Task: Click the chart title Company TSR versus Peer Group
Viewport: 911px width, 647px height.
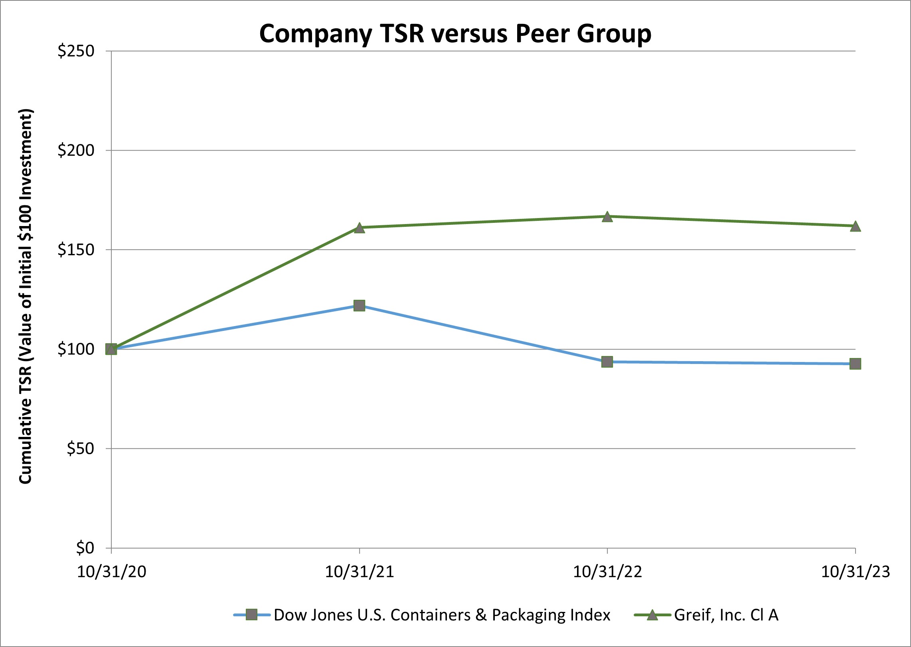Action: (455, 33)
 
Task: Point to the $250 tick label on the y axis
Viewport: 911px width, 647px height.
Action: (76, 51)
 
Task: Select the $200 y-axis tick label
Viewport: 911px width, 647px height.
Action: (76, 150)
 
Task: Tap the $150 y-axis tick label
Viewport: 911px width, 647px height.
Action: (76, 250)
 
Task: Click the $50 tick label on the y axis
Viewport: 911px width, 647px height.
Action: (80, 448)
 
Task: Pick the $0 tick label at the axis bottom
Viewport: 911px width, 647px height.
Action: (85, 548)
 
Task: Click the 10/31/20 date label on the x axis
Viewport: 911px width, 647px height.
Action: (111, 572)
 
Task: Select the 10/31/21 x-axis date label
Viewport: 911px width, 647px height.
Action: (359, 572)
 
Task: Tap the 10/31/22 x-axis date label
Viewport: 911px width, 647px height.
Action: (607, 572)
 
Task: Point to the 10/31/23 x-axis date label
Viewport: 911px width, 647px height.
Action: (855, 572)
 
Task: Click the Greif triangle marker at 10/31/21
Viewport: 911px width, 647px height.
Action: (359, 228)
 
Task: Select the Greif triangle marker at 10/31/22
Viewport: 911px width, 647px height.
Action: (607, 217)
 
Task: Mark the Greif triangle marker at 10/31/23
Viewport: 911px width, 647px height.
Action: (855, 226)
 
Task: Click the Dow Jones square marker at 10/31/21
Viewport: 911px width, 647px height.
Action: (359, 306)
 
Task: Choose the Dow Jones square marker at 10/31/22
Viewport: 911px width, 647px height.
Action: (607, 362)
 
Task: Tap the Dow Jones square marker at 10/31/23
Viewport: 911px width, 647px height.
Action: (855, 364)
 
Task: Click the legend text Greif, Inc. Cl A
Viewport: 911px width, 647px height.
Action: (726, 615)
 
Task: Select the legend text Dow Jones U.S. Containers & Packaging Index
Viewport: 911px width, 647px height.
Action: (442, 615)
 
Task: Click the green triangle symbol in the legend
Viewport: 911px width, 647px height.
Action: (652, 615)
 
